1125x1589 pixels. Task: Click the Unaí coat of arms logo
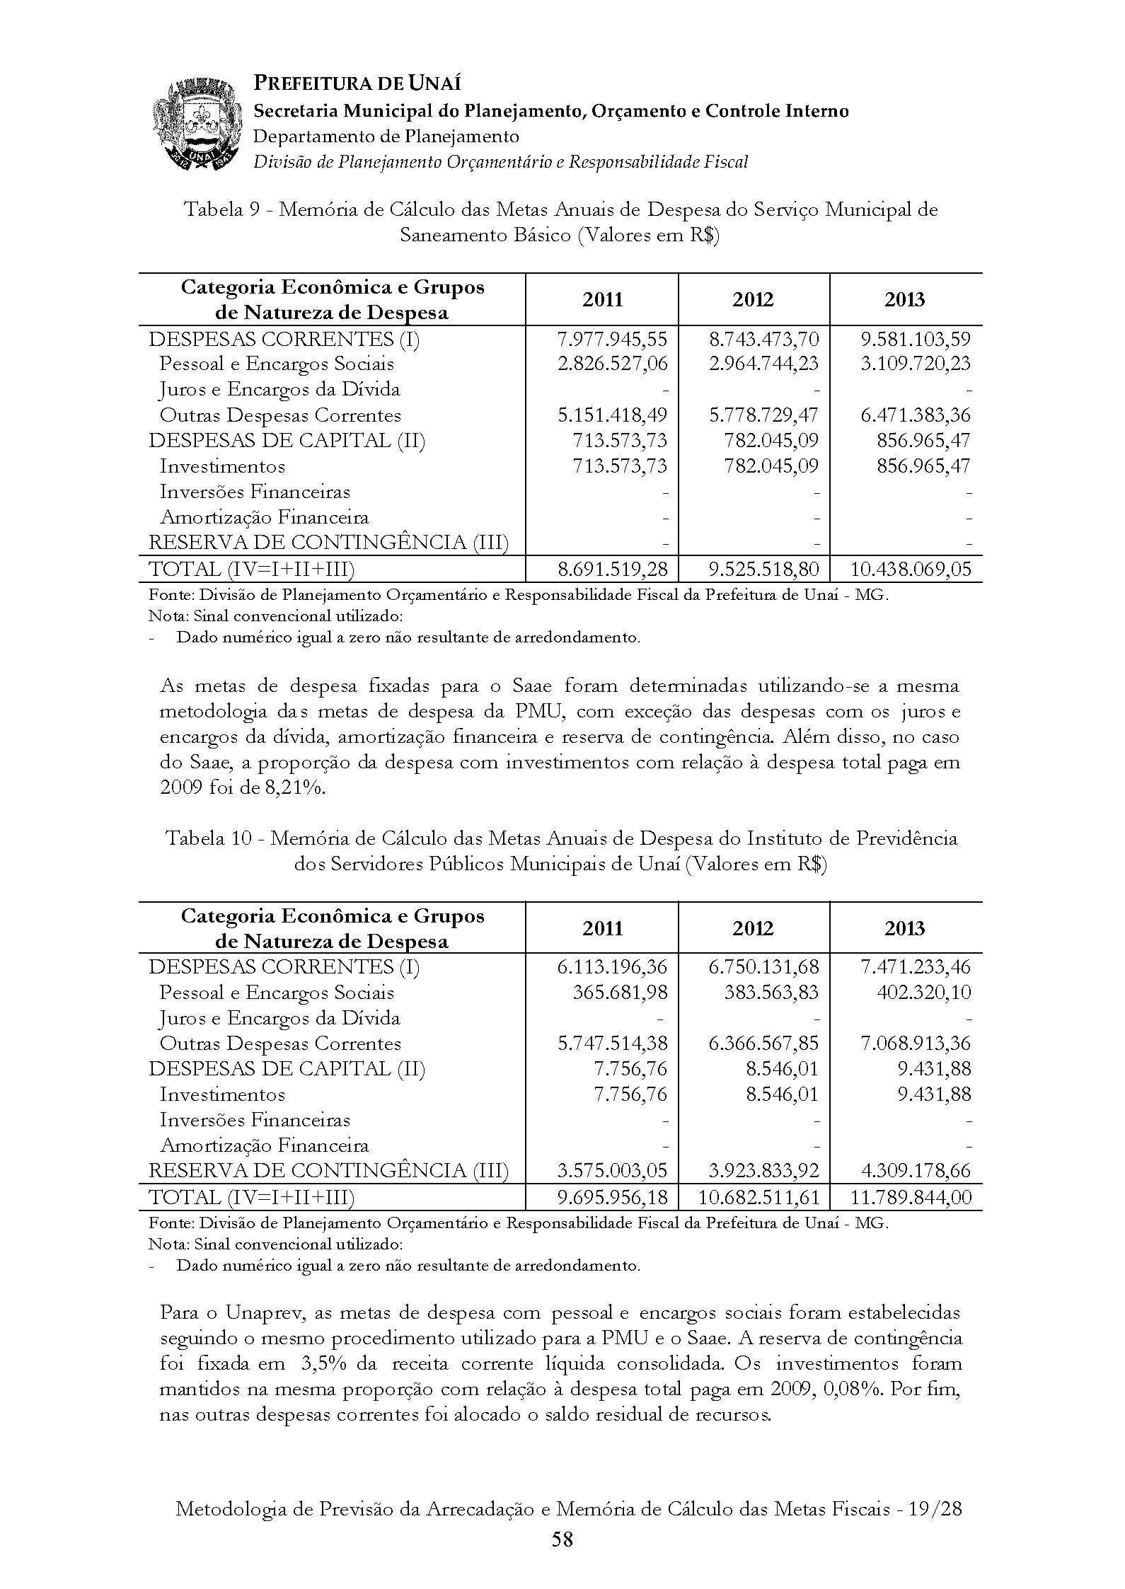(195, 126)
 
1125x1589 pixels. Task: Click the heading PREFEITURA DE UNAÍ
(357, 83)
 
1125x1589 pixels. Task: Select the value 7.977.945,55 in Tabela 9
(612, 339)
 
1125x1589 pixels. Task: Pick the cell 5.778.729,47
(763, 415)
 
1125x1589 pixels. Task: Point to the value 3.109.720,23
(916, 364)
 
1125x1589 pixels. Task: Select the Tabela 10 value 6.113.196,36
(612, 967)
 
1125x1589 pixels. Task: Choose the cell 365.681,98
(620, 993)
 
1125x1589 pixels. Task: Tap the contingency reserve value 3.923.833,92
(763, 1171)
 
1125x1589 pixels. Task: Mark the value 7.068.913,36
(916, 1044)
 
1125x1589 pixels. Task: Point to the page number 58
(562, 1539)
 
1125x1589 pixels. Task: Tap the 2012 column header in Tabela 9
(753, 300)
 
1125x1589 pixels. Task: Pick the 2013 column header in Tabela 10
(905, 928)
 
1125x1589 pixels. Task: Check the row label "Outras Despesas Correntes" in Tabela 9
(280, 415)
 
